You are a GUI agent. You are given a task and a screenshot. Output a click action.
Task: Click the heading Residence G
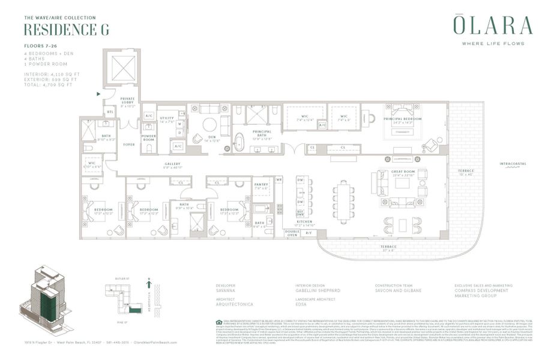(66, 30)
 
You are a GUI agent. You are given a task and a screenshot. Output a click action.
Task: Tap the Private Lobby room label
(128, 102)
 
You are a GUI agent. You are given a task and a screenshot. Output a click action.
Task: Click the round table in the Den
(209, 125)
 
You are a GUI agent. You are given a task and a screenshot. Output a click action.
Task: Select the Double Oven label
(292, 233)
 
